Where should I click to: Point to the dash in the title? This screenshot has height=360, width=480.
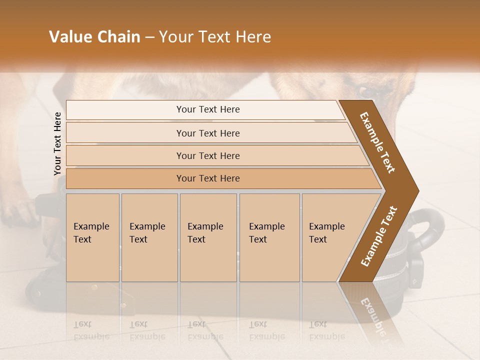(149, 37)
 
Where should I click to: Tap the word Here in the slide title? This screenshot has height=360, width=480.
(252, 37)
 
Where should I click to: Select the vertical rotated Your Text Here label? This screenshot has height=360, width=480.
(57, 143)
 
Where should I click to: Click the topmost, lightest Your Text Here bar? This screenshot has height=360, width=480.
(207, 109)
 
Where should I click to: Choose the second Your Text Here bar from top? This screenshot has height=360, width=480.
(207, 133)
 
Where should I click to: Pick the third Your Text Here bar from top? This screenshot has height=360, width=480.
(207, 155)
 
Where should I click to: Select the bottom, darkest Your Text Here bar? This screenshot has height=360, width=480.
(207, 178)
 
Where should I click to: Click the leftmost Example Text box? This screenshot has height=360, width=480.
(92, 237)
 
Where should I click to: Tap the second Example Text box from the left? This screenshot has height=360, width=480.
(149, 237)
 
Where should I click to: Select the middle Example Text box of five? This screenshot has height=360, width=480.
(207, 237)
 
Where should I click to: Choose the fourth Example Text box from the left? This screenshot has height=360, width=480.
(269, 237)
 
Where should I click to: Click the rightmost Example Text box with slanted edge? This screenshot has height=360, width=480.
(330, 237)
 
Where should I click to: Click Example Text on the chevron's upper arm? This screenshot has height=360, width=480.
(377, 142)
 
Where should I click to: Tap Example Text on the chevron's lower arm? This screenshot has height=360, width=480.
(378, 236)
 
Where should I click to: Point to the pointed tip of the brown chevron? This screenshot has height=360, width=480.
(417, 191)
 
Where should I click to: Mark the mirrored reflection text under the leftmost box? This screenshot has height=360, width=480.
(91, 331)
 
